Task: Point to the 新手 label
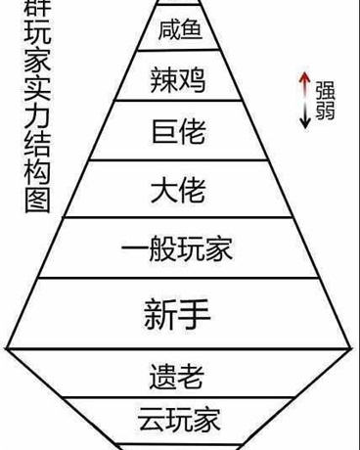[x=178, y=313]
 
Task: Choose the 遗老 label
[x=178, y=376]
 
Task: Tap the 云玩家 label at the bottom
[x=178, y=422]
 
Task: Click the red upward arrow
[x=305, y=84]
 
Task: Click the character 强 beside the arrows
[x=325, y=88]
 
